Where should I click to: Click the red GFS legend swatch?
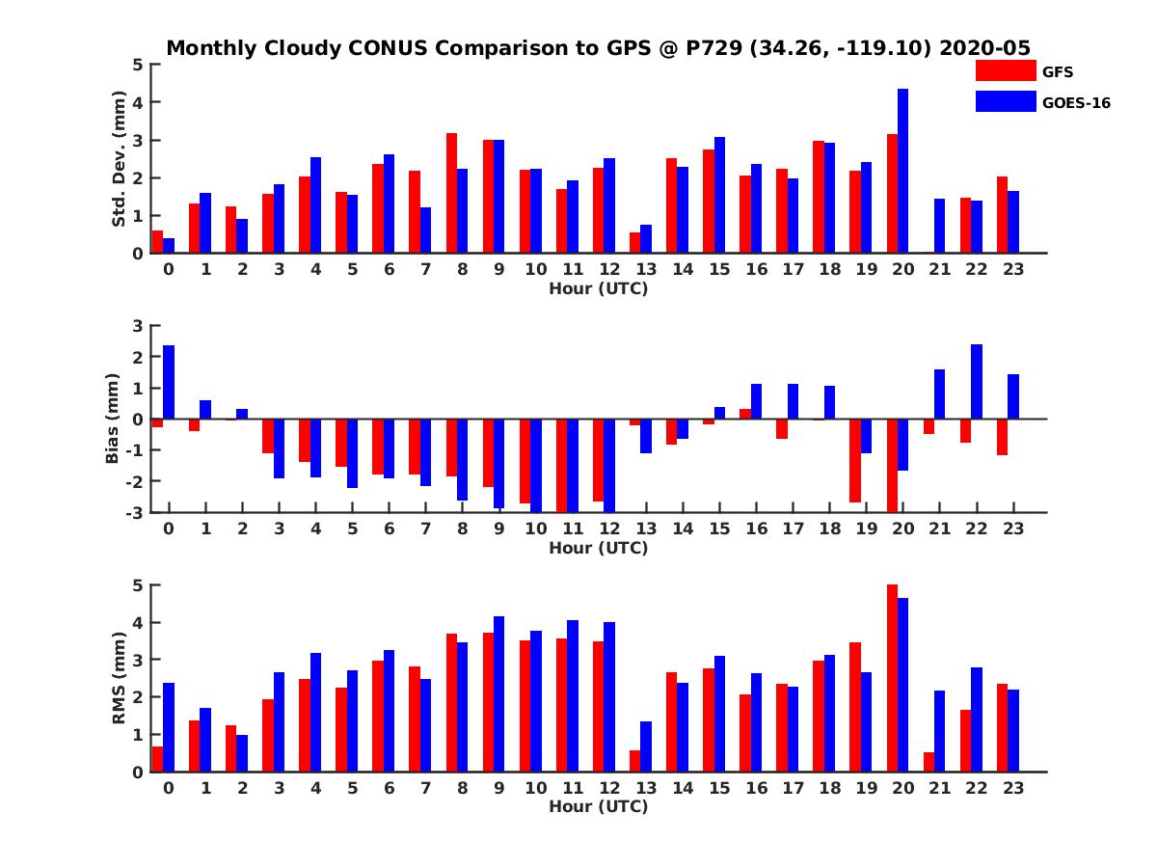[1006, 70]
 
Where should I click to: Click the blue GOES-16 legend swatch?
[1006, 101]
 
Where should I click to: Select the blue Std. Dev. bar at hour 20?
[902, 171]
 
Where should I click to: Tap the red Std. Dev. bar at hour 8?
[451, 193]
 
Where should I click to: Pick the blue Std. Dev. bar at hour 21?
[939, 226]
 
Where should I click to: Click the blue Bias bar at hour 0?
[169, 382]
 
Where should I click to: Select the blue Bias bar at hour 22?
[977, 382]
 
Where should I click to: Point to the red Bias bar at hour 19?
[855, 461]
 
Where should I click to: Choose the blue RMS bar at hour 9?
[498, 694]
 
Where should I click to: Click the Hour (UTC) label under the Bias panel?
[598, 548]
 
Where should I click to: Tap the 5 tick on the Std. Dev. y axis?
[139, 65]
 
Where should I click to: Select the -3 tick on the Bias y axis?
[135, 512]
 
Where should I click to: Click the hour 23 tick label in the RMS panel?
[1012, 787]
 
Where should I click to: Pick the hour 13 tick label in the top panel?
[645, 268]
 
